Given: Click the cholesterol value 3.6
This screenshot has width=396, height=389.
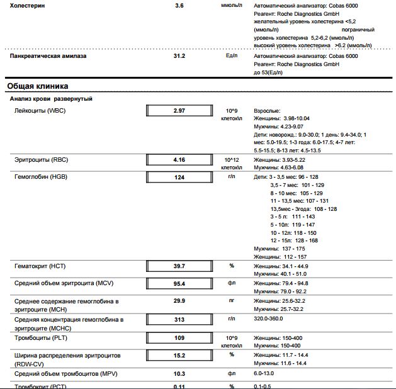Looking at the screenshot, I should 179,5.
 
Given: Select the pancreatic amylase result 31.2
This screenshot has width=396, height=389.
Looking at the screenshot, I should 179,55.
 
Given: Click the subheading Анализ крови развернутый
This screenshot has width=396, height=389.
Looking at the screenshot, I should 51,99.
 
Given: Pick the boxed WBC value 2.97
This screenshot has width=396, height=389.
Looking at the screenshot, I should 179,111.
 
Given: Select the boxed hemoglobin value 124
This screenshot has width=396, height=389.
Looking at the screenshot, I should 179,178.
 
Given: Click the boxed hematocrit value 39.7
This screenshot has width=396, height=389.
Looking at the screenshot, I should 179,266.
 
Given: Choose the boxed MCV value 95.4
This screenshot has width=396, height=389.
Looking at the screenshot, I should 179,284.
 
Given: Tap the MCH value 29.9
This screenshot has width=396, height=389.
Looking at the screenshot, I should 179,301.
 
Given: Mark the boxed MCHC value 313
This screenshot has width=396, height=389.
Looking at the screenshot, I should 179,319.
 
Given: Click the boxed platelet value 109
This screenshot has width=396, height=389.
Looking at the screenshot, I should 179,337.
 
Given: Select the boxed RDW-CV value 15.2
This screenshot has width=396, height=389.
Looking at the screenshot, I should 179,356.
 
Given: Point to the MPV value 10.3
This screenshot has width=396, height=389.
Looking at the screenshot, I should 179,374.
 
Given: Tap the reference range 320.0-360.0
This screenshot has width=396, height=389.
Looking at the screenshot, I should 268,319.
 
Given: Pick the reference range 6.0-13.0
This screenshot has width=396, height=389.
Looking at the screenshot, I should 263,374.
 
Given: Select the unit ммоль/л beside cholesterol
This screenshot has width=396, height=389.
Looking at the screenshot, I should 231,5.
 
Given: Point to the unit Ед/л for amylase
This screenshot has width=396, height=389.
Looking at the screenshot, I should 232,55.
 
